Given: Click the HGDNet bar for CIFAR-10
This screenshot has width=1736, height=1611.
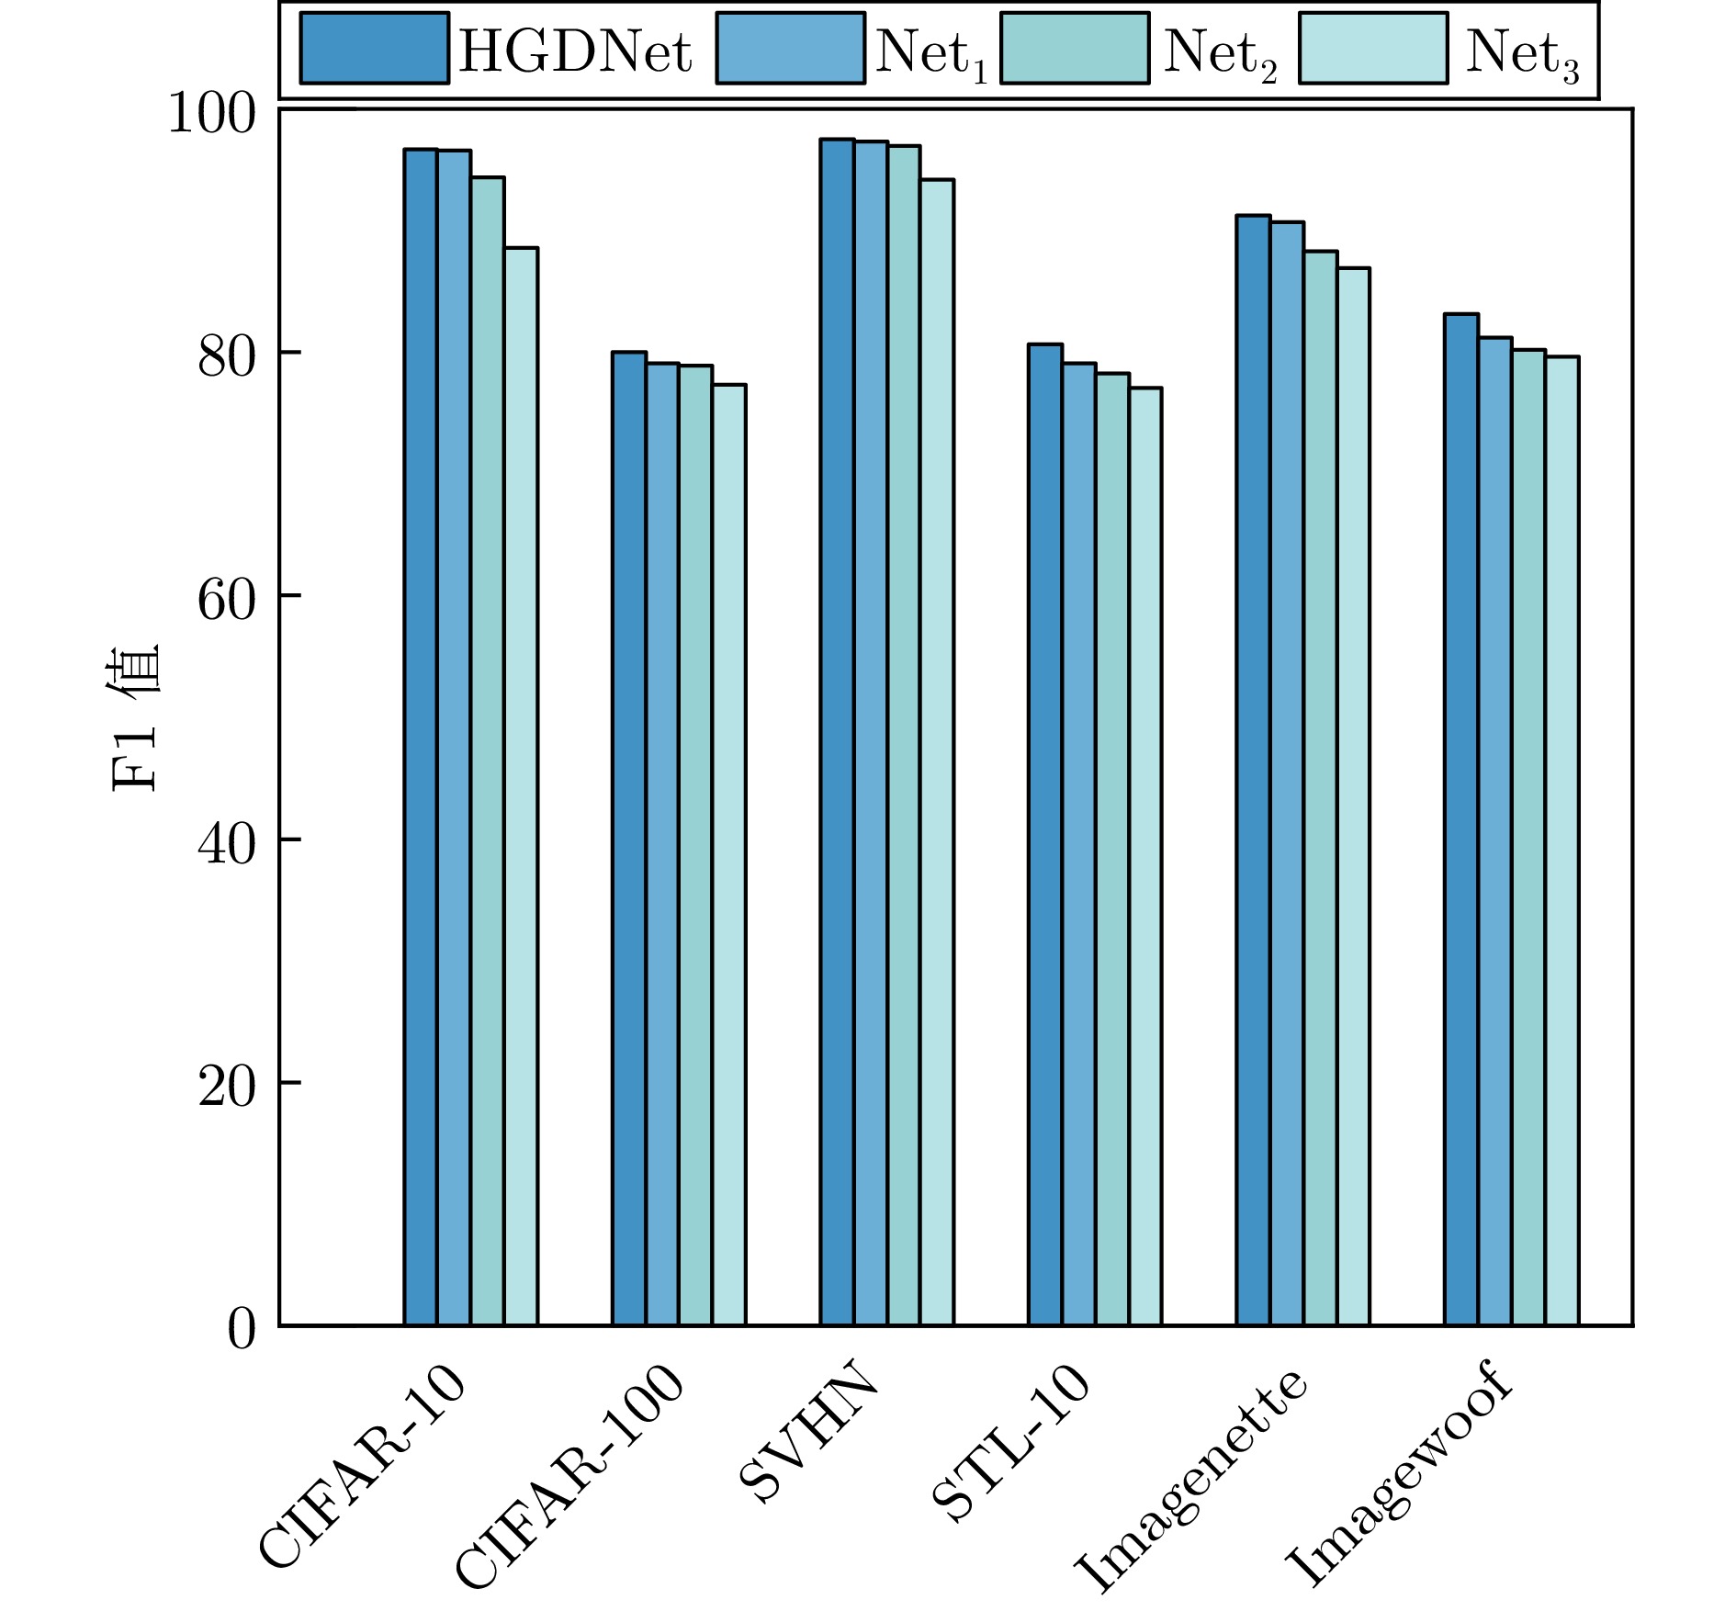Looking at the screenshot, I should pyautogui.click(x=421, y=735).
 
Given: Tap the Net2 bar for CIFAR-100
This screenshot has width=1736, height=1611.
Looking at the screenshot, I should pyautogui.click(x=695, y=845).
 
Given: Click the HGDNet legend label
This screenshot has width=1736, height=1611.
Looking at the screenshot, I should pyautogui.click(x=575, y=51).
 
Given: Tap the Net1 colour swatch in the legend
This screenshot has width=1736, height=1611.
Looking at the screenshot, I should pyautogui.click(x=790, y=48).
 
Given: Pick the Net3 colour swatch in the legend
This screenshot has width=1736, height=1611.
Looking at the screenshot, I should pyautogui.click(x=1373, y=48).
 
